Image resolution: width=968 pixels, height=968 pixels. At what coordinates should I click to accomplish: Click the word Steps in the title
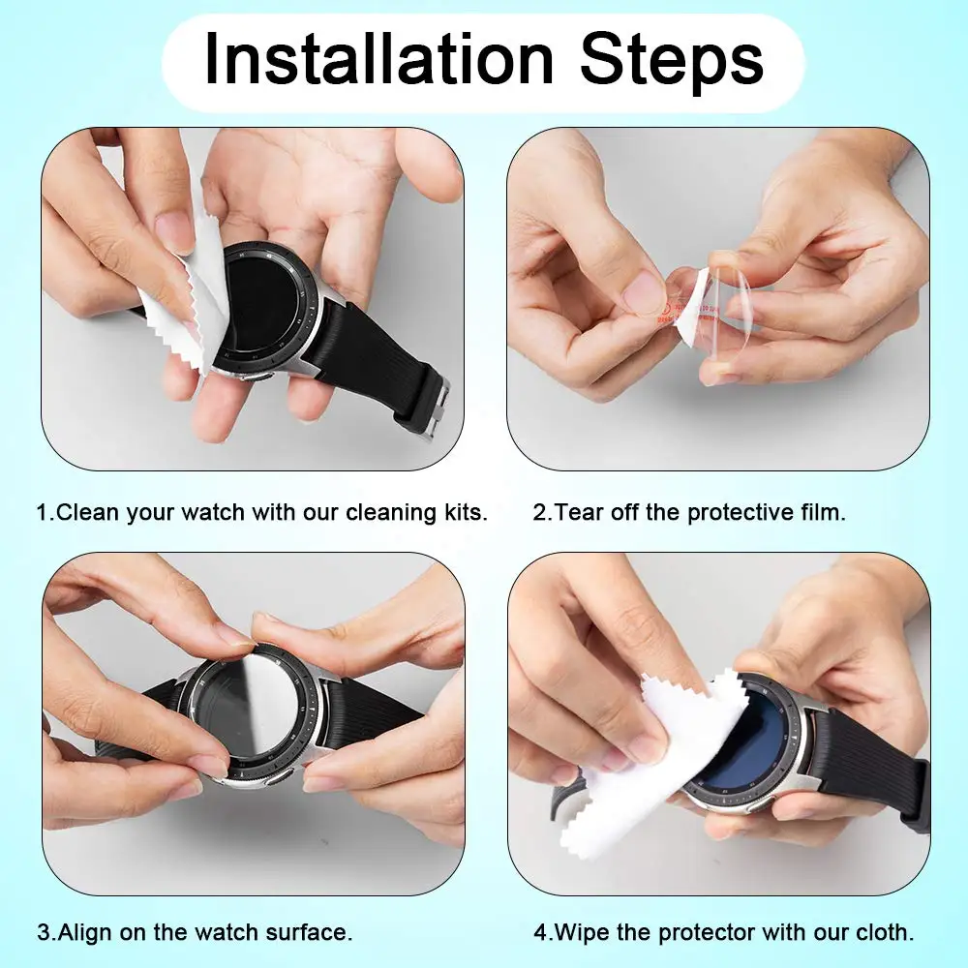click(x=671, y=60)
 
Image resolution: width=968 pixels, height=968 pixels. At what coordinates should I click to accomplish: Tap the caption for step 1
click(x=261, y=512)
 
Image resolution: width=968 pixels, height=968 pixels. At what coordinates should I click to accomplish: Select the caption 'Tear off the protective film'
click(x=689, y=512)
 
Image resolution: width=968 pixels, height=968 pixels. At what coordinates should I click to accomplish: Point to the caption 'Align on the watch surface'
click(x=195, y=933)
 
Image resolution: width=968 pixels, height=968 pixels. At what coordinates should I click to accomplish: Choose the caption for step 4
click(x=723, y=933)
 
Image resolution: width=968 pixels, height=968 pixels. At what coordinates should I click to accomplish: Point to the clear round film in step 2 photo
click(x=738, y=310)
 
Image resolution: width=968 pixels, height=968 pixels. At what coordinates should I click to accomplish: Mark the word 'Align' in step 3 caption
click(x=82, y=933)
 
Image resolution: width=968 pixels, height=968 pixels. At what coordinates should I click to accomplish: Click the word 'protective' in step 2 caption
click(x=744, y=512)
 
